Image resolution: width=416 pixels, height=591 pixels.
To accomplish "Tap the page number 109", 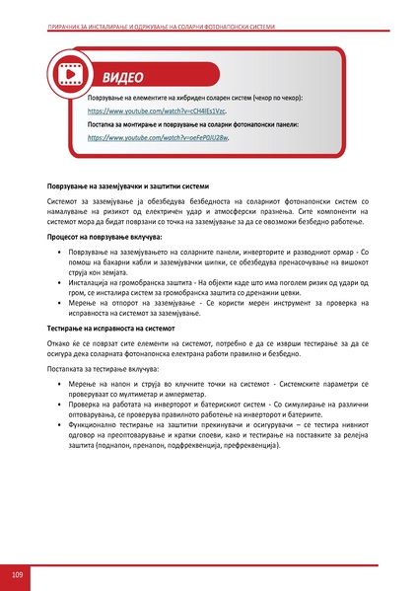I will coord(18,574).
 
